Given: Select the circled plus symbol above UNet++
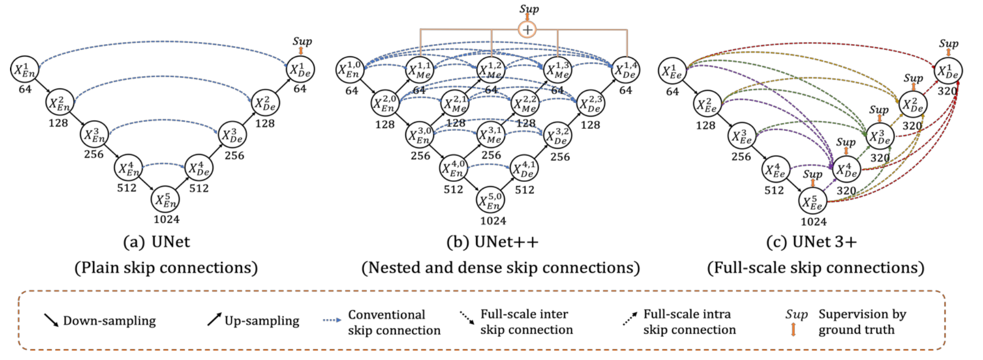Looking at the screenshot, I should tap(527, 29).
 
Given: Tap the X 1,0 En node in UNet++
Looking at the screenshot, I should tap(350, 70).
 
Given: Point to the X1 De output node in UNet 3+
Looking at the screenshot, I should tap(948, 71).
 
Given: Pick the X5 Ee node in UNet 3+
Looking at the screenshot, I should tap(813, 202).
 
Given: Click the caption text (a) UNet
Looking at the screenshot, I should tap(157, 242).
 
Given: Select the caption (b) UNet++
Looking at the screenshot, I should tap(493, 242).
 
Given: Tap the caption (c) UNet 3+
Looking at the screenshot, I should tap(812, 242).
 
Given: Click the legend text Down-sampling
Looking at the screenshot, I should tap(109, 321).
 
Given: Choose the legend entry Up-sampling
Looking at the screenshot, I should tap(262, 321).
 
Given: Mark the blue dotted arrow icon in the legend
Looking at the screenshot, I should tap(332, 320).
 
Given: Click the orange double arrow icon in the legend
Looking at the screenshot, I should tap(793, 330).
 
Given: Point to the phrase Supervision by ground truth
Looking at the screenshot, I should tap(862, 322).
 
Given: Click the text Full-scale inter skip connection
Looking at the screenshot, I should tap(526, 322).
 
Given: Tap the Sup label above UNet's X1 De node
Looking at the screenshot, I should tap(302, 41).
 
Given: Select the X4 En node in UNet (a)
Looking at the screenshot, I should tap(128, 168).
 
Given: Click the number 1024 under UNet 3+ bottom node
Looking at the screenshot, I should tap(813, 222).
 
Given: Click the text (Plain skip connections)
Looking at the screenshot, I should tap(166, 268).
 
